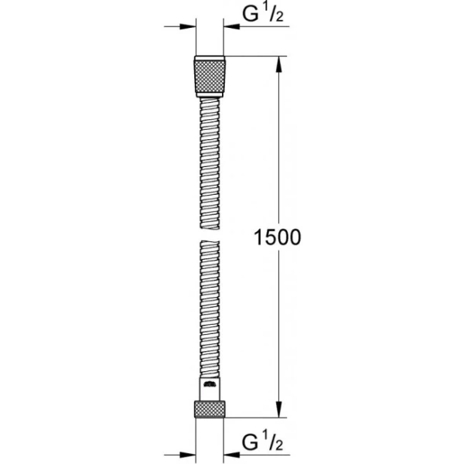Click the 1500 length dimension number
point(277,237)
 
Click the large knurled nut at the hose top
point(209,74)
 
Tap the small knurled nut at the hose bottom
point(209,408)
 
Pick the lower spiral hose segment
point(209,309)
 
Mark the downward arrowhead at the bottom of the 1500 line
point(278,411)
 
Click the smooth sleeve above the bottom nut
point(210,389)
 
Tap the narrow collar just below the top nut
point(209,95)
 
